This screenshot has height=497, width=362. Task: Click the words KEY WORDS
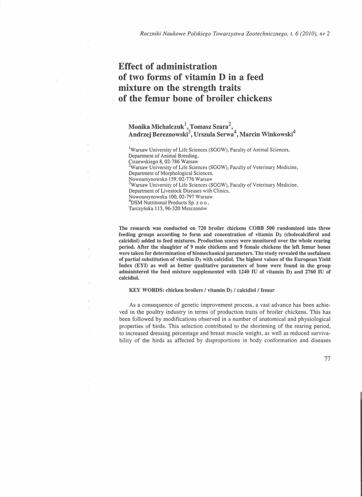click(x=146, y=290)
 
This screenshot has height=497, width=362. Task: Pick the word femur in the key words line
click(x=266, y=290)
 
